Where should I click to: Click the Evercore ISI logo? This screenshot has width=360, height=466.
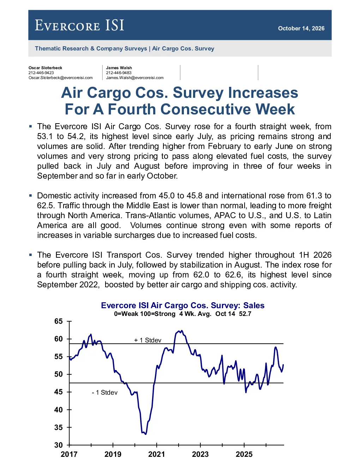[79, 25]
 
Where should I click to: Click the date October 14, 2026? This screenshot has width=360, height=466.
[301, 28]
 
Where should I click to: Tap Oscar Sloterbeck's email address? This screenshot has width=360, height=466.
[61, 78]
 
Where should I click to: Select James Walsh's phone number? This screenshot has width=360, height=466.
[119, 73]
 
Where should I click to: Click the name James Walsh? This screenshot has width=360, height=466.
[119, 68]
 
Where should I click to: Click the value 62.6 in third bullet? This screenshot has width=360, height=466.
[234, 275]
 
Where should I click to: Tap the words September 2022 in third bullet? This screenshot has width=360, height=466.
[68, 285]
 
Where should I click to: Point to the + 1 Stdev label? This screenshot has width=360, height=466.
[148, 340]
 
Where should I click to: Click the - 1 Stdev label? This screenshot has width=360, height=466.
[104, 393]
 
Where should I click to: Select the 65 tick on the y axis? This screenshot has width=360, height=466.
[58, 321]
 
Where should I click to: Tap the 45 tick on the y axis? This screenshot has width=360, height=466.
[58, 392]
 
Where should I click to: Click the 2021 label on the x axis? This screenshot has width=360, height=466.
[156, 454]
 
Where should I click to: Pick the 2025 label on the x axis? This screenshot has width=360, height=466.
[244, 454]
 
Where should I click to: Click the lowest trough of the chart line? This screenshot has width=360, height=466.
[146, 434]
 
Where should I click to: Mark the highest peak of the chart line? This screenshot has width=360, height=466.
[182, 330]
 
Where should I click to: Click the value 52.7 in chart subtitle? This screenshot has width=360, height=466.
[245, 314]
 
